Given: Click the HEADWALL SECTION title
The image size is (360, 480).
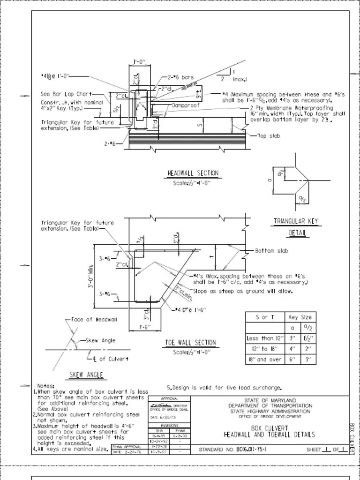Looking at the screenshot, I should (x=193, y=173).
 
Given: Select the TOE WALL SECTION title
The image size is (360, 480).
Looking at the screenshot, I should (x=191, y=343).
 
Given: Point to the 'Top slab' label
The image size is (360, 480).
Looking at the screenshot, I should (x=269, y=136).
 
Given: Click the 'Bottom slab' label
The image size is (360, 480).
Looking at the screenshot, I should (x=271, y=251).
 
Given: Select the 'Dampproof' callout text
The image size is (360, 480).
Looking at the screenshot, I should (x=186, y=105).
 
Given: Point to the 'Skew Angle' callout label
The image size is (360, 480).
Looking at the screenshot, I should (x=100, y=341).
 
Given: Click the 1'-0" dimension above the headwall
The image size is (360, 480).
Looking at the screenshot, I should (x=140, y=62).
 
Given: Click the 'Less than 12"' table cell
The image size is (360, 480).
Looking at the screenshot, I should (x=265, y=338).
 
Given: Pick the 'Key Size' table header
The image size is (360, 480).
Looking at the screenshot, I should (x=300, y=317).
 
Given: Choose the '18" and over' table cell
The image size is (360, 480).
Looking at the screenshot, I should (x=265, y=360).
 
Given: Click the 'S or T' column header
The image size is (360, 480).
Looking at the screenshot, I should (x=265, y=317).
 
